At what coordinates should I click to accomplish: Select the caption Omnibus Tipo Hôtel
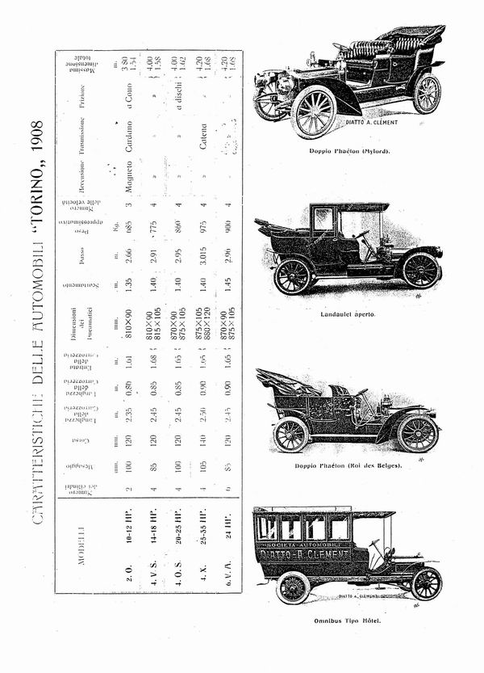pos(348,621)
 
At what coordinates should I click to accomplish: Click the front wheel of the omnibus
pos(424,583)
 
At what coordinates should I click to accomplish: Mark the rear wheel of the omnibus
pos(293,587)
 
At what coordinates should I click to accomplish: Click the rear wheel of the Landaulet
pos(293,276)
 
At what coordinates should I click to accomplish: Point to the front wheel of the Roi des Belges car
pos(417,433)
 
